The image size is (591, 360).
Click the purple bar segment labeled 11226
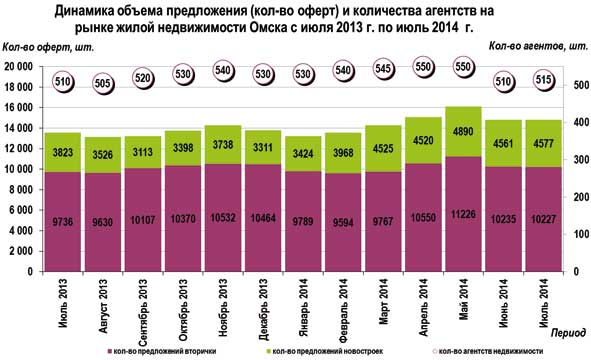pyautogui.click(x=462, y=213)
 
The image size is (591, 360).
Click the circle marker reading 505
pyautogui.click(x=102, y=84)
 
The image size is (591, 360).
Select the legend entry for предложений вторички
pyautogui.click(x=161, y=351)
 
